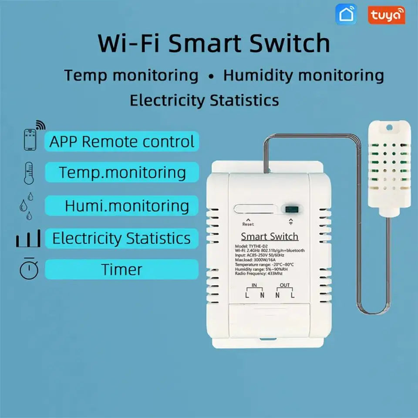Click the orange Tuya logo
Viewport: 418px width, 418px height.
[x=386, y=15]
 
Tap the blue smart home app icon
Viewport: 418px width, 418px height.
[x=346, y=14]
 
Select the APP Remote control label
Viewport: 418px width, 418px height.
[x=122, y=142]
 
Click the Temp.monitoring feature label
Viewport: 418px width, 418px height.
[x=122, y=172]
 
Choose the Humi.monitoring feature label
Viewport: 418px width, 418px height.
[x=126, y=206]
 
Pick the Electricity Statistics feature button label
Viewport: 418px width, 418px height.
[x=121, y=238]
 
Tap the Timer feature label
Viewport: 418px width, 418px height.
[x=122, y=270]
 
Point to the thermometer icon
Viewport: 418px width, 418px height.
[x=29, y=172]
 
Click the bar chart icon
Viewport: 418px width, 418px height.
[x=29, y=239]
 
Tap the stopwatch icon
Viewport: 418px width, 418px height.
[x=29, y=269]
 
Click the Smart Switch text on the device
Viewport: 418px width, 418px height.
[x=270, y=236]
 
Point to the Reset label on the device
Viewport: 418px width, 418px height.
[x=248, y=224]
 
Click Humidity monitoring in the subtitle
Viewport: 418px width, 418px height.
[x=303, y=75]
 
